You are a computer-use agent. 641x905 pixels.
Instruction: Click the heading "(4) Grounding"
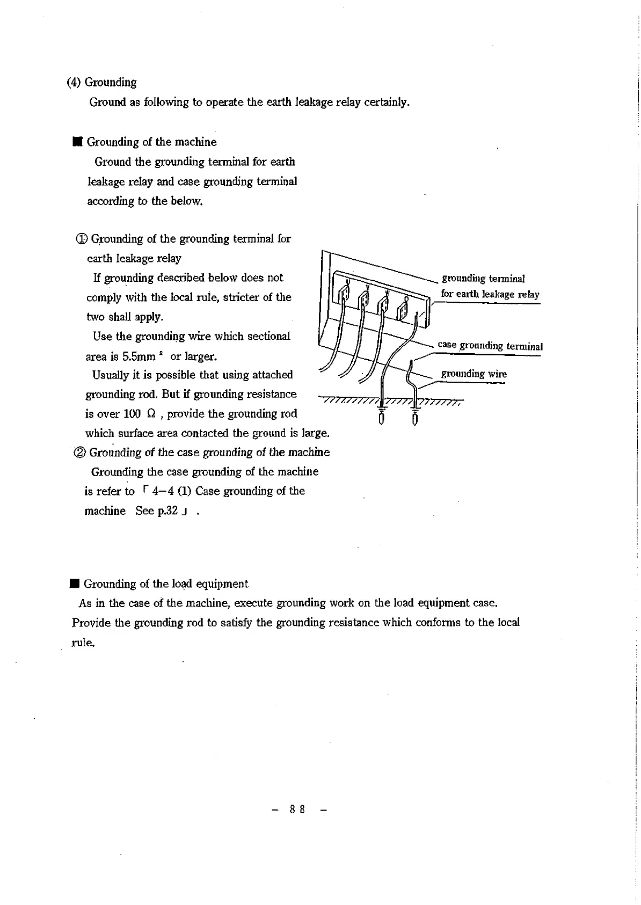point(101,82)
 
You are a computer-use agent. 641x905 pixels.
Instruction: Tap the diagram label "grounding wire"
point(474,374)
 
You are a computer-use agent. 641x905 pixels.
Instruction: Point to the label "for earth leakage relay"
point(490,294)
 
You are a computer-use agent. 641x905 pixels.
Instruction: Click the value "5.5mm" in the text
point(139,356)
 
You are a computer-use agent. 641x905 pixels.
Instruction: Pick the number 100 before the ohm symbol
point(132,414)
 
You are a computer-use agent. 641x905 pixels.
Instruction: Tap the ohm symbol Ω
point(151,414)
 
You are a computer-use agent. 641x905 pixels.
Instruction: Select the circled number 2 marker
point(80,452)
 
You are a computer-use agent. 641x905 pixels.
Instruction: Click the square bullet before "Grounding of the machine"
point(77,142)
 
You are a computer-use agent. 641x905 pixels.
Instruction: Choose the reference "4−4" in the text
point(162,491)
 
